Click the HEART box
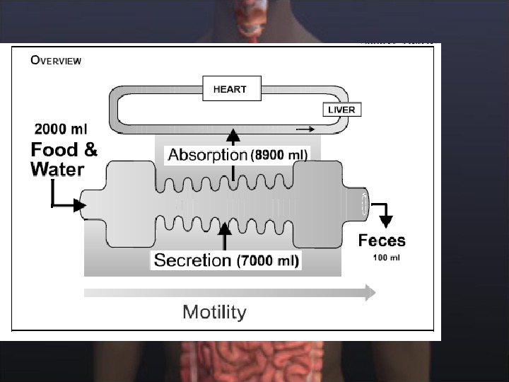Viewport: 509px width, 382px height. [230, 89]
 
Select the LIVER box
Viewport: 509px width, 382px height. [342, 110]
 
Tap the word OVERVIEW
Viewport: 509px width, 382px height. [56, 60]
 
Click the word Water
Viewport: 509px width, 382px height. [57, 170]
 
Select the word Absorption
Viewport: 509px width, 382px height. [206, 155]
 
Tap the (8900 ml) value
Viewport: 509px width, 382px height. [278, 156]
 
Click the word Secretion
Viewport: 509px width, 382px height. [192, 260]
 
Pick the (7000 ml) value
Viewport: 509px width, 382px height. [268, 261]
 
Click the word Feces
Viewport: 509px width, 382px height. [382, 241]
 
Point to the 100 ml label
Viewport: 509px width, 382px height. [386, 257]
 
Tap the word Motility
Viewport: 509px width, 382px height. [214, 312]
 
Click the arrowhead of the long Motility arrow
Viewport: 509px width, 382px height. [370, 292]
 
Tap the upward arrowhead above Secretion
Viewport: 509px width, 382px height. [225, 228]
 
